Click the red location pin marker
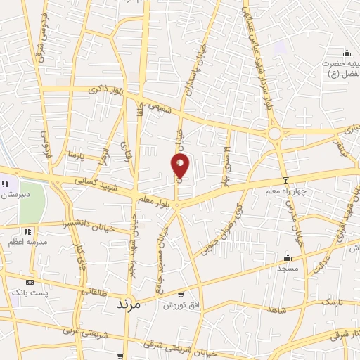181,165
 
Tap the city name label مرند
127,304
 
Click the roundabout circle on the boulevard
274,134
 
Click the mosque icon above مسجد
288,257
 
